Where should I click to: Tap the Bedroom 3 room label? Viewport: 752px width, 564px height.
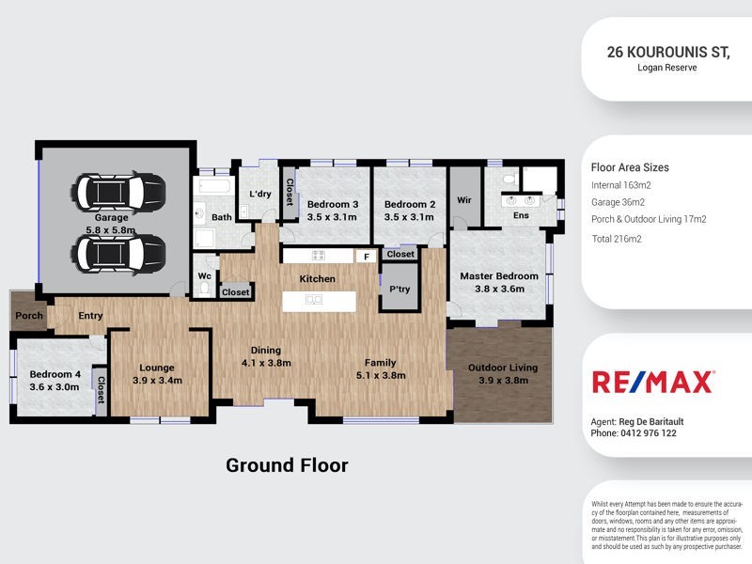333,211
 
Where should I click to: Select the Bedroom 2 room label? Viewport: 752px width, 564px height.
409,211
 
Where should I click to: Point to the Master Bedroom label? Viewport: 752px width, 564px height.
498,283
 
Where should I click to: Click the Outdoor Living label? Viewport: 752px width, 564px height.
498,373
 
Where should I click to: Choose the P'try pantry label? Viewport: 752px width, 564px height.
399,290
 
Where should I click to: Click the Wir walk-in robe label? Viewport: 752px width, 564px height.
463,200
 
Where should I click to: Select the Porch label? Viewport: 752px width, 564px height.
28,316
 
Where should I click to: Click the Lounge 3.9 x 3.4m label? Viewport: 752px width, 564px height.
158,374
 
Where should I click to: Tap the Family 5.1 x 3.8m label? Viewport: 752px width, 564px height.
381,368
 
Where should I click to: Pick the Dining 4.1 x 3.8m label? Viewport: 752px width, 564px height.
266,356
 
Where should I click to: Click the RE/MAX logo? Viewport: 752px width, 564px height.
653,381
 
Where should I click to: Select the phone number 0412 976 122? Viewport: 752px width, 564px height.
648,433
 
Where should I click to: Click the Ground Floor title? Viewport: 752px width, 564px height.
287,465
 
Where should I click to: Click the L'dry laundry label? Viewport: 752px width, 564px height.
259,194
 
